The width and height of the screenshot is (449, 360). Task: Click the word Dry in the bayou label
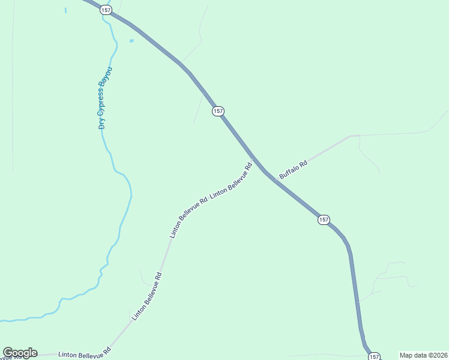click(103, 123)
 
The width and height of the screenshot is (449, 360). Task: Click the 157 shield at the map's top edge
click(106, 10)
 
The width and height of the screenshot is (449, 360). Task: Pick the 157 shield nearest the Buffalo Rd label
click(323, 220)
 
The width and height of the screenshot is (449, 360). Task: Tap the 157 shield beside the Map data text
click(374, 356)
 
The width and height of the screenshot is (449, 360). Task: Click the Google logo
click(20, 353)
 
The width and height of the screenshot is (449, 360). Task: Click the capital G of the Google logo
click(8, 353)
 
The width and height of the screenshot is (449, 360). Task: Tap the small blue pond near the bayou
click(131, 41)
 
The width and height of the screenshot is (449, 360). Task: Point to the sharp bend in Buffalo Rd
click(351, 137)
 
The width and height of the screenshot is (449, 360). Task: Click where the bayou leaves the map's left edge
click(1, 320)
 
